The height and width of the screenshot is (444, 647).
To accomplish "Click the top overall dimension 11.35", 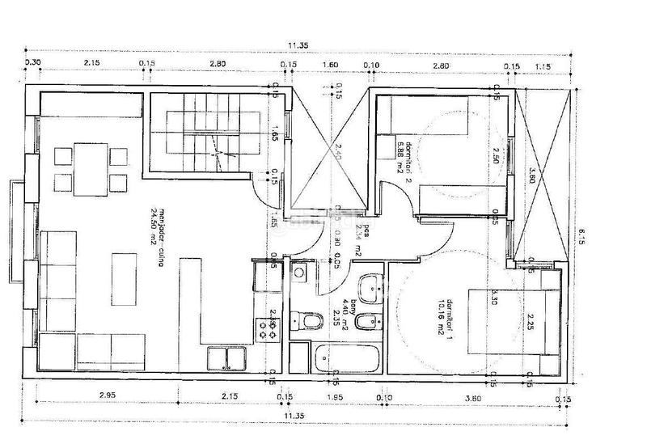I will [x=298, y=45].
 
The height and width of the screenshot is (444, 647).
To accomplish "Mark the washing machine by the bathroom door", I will [x=300, y=276].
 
